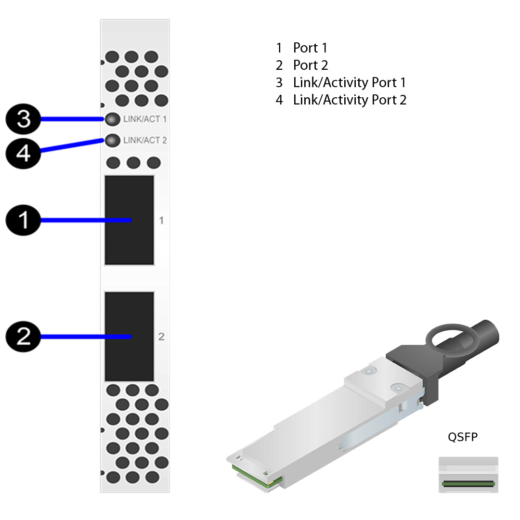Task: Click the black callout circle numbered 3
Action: [x=23, y=119]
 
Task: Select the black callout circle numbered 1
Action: [x=23, y=221]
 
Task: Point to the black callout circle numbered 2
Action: [x=23, y=337]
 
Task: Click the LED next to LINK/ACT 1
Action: [x=112, y=119]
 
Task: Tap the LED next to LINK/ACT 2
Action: [x=112, y=141]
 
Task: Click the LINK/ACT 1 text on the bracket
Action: [x=145, y=119]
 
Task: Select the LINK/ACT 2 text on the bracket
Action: [x=145, y=141]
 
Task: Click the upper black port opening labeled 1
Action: [x=129, y=220]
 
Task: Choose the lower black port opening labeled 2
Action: [x=129, y=337]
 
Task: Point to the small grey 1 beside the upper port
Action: [x=161, y=221]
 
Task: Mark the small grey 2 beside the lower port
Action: [x=161, y=337]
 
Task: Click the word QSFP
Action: [x=463, y=437]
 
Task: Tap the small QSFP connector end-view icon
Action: [x=468, y=475]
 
